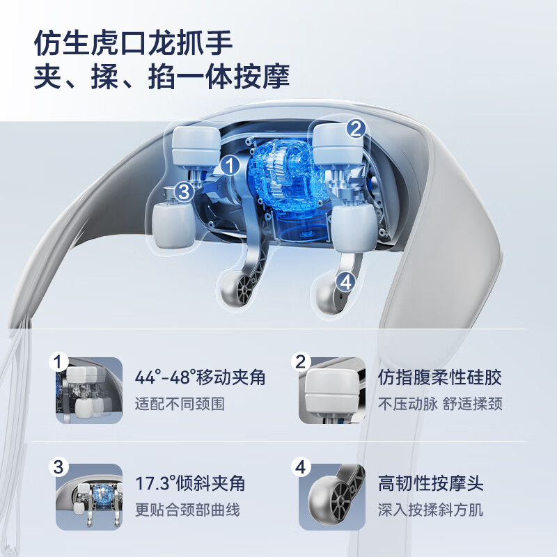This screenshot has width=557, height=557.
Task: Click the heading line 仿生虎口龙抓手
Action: tap(133, 43)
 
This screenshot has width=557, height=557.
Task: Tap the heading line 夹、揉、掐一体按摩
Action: tap(162, 77)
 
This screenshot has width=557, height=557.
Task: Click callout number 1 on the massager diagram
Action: tap(230, 166)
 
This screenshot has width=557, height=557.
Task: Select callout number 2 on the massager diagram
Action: tap(356, 129)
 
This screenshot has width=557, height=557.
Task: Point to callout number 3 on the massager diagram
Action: tap(184, 192)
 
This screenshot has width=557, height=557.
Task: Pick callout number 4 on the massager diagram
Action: tap(346, 283)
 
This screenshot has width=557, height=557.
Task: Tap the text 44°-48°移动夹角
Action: tap(200, 377)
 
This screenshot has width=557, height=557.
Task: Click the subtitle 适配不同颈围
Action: tap(180, 404)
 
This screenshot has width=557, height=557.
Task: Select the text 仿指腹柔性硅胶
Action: tap(439, 377)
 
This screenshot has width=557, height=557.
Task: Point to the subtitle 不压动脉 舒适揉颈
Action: tap(440, 404)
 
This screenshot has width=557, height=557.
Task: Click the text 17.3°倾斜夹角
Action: tap(190, 483)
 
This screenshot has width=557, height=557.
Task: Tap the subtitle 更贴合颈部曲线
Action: tap(187, 510)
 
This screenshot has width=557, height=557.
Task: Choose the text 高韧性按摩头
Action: tap(430, 483)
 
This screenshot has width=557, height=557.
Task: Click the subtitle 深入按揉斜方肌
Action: tap(430, 510)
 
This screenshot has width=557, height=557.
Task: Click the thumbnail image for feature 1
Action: tap(89, 391)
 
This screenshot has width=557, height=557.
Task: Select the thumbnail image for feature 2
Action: tap(332, 391)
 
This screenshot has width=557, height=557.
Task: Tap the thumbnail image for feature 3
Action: tap(89, 497)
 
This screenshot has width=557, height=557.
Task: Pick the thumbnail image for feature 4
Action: tap(332, 497)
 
